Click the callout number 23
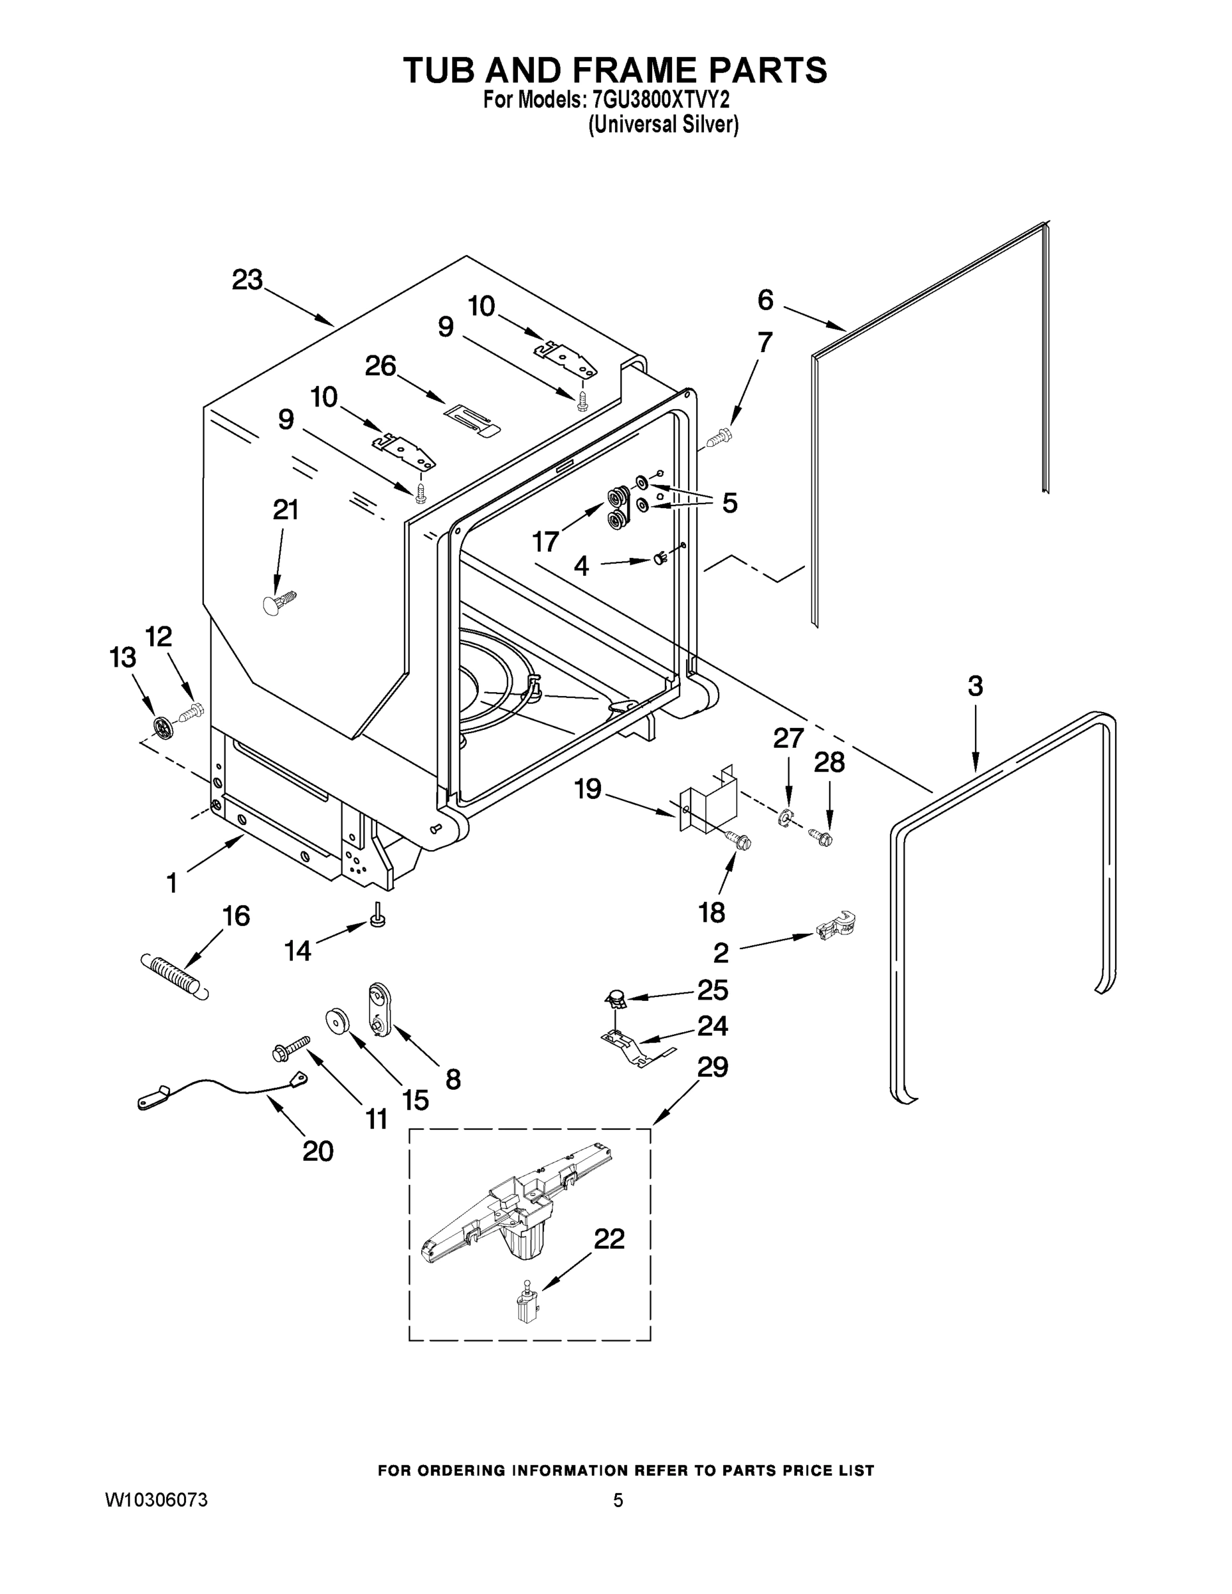tap(246, 280)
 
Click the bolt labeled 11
tap(290, 1047)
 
